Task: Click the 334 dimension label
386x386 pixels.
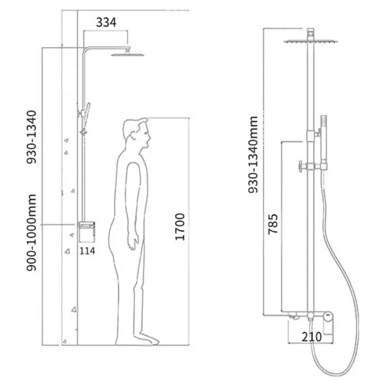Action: [x=106, y=22]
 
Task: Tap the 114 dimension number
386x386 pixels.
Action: [x=87, y=251]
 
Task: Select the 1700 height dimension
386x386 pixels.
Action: [x=180, y=227]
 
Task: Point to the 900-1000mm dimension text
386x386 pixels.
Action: [x=32, y=232]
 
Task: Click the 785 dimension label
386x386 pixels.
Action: [x=273, y=224]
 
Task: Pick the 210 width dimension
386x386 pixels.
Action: [x=312, y=337]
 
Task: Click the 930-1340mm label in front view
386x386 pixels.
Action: [x=253, y=155]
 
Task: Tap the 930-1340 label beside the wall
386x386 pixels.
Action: [x=32, y=137]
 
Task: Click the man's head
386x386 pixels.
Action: [x=137, y=133]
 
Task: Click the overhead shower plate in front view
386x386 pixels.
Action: [x=311, y=41]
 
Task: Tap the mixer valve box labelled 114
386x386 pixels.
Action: [x=86, y=231]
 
